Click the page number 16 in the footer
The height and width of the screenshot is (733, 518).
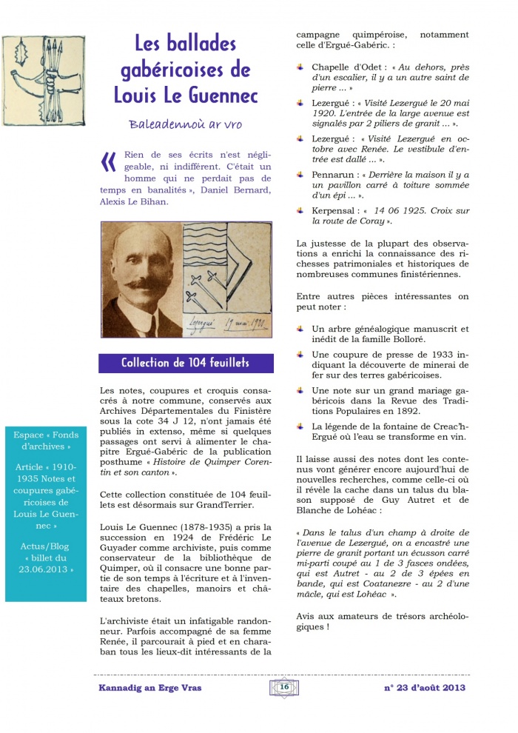(x=283, y=686)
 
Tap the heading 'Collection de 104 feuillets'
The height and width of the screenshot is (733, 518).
(x=186, y=363)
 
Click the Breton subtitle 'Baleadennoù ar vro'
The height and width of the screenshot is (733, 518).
(x=185, y=124)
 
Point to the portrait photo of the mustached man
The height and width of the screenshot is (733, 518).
(x=141, y=280)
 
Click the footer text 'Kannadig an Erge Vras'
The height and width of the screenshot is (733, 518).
(x=148, y=688)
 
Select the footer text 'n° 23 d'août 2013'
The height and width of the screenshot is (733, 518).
(x=425, y=688)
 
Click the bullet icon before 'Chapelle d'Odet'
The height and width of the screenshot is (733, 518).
(x=301, y=67)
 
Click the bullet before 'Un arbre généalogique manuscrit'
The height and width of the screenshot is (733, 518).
(x=301, y=328)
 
